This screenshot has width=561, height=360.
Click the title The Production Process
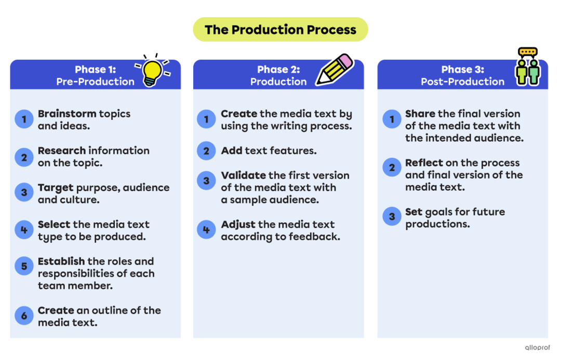coord(280,30)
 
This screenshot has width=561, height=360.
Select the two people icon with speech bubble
coord(527,67)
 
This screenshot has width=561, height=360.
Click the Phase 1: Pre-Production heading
coord(95,75)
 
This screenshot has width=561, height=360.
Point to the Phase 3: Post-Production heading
coord(462,75)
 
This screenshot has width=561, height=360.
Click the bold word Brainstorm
coord(67,114)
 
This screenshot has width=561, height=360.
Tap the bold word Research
coord(62,151)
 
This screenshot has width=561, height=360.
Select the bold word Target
coord(56,188)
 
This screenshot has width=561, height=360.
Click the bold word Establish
coord(61,261)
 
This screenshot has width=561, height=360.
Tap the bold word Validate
coord(244,176)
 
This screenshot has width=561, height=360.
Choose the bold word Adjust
coord(238,224)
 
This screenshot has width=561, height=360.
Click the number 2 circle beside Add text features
coord(206,151)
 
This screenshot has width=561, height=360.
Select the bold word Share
coord(420,114)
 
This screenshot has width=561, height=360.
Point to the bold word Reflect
coord(424,163)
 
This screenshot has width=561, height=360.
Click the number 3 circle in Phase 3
coord(392,217)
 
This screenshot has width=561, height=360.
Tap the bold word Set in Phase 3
coord(413,212)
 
